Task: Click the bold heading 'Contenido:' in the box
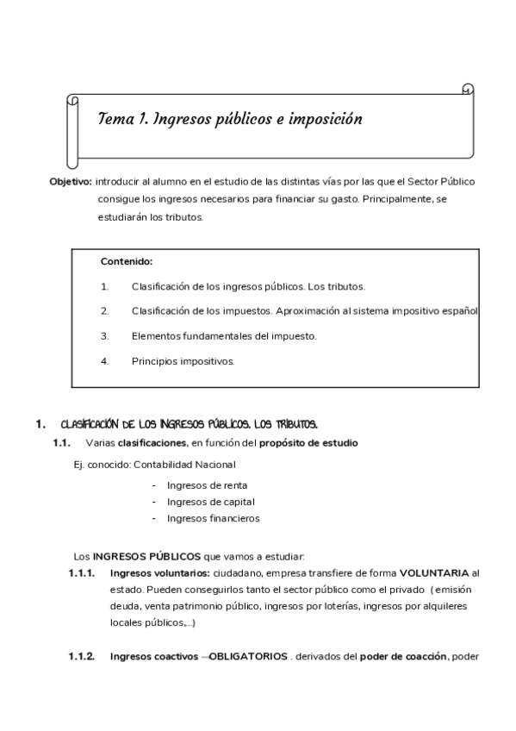point(127,261)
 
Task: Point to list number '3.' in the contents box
point(104,336)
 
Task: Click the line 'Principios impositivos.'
point(183,361)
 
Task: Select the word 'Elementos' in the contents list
point(156,336)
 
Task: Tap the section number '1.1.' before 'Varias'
point(60,443)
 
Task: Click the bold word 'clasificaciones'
point(152,443)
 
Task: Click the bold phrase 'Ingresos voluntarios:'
point(160,572)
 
